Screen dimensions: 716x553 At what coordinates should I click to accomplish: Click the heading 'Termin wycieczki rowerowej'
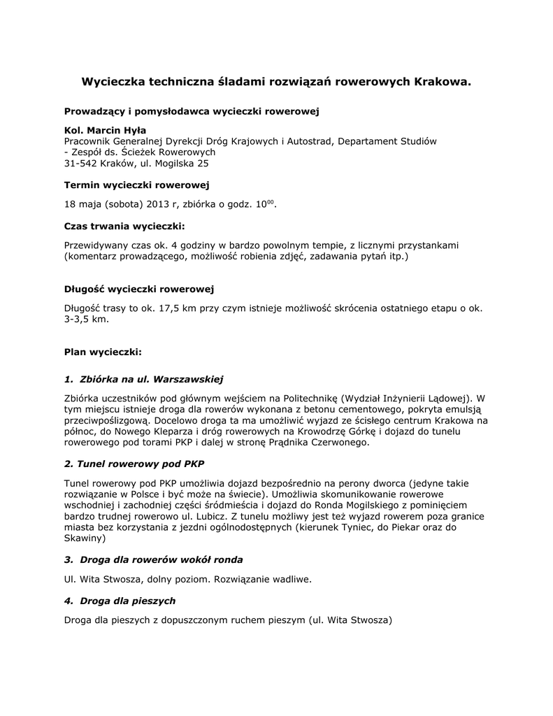136,185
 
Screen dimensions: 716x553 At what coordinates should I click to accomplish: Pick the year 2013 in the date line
159,204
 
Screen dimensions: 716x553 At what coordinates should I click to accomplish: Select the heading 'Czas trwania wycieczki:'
124,227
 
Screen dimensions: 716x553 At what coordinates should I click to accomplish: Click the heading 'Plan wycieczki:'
103,351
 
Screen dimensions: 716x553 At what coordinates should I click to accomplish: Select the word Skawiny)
85,538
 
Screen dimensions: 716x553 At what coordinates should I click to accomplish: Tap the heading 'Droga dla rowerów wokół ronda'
161,560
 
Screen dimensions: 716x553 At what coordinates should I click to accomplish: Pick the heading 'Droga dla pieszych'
127,601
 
